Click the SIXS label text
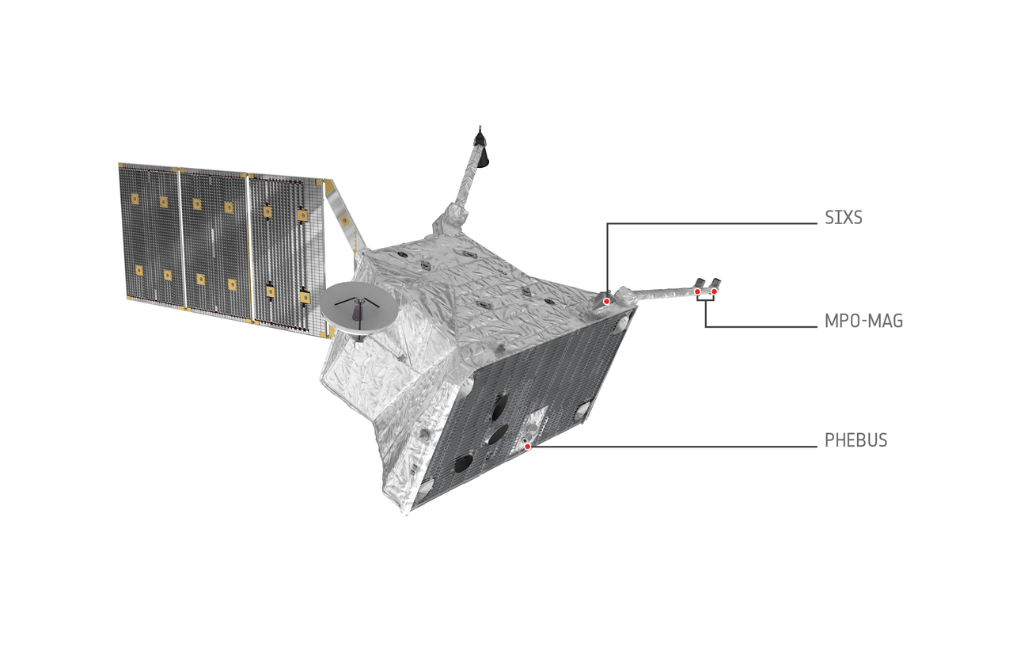(x=844, y=218)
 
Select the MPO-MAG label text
(x=863, y=321)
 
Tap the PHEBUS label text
(x=856, y=440)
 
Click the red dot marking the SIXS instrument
(x=606, y=302)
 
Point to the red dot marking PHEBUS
(x=527, y=447)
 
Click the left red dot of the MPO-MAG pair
(x=698, y=292)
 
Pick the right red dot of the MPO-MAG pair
(x=714, y=291)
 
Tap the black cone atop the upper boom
(x=484, y=156)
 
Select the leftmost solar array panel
(x=150, y=235)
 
